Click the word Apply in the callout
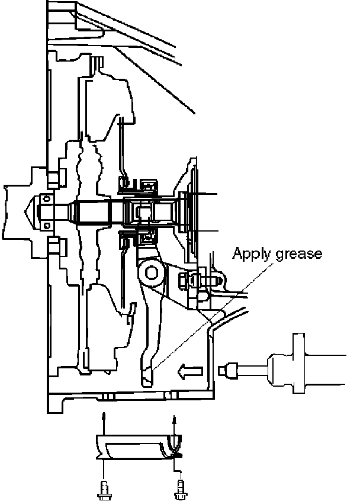[248, 254]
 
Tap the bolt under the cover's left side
[104, 490]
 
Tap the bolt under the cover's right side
[178, 490]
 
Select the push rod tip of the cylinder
[225, 370]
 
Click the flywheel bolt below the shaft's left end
[54, 243]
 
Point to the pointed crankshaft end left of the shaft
[27, 210]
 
